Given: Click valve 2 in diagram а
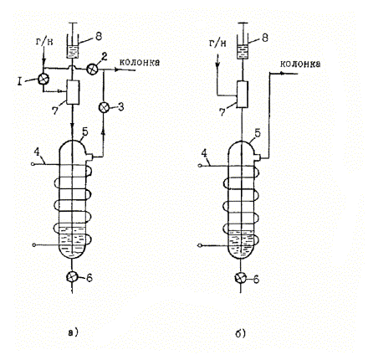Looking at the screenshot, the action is [x=91, y=69].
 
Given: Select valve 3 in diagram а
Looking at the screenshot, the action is [x=104, y=107].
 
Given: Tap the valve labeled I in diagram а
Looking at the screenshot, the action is [x=43, y=79].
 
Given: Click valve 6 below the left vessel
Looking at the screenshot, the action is [x=73, y=277].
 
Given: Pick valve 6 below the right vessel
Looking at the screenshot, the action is [x=241, y=278].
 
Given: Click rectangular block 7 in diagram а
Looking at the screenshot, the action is [x=73, y=92].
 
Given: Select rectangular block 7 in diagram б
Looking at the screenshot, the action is [x=242, y=95].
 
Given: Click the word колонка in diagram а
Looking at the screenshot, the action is [x=140, y=62].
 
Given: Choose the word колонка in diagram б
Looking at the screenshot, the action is [x=300, y=64].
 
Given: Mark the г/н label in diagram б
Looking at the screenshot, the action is [x=217, y=44].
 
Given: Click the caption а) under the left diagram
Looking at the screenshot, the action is [x=74, y=332].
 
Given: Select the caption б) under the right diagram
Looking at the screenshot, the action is [x=240, y=333].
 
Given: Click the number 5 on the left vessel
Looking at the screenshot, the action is [x=85, y=131].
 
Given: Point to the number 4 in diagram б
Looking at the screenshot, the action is [x=204, y=153].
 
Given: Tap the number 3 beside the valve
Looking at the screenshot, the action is [x=120, y=107].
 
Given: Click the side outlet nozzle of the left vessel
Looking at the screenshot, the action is [x=89, y=157].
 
